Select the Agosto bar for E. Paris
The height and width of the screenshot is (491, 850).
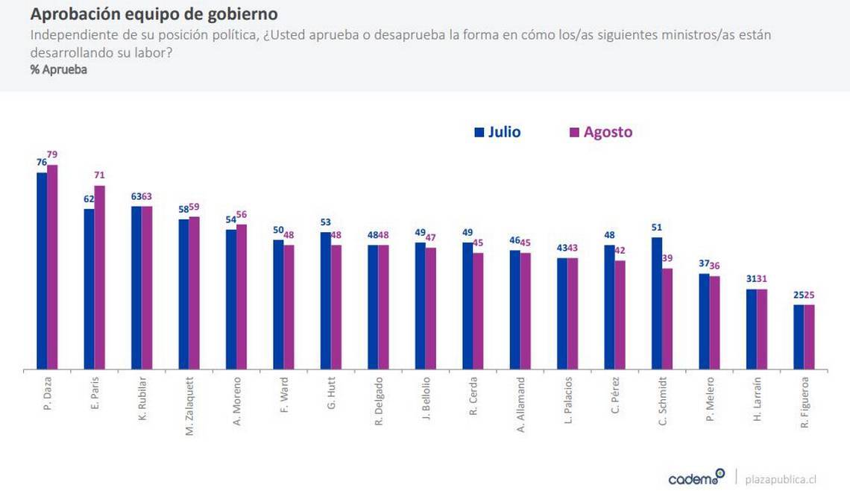tap(99, 277)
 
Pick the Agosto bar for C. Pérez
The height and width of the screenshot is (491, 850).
tap(620, 314)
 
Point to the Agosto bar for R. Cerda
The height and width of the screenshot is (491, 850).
tap(478, 310)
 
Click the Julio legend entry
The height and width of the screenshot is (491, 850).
tap(497, 132)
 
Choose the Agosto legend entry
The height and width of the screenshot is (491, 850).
tap(600, 132)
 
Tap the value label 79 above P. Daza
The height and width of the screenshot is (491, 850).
tap(52, 154)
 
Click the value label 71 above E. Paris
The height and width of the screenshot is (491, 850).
tap(99, 175)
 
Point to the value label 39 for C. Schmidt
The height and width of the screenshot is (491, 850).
tap(667, 258)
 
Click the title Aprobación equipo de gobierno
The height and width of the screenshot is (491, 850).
tap(154, 14)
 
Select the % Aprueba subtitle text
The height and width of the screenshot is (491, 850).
tap(59, 70)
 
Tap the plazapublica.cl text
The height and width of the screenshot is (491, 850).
tap(781, 478)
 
